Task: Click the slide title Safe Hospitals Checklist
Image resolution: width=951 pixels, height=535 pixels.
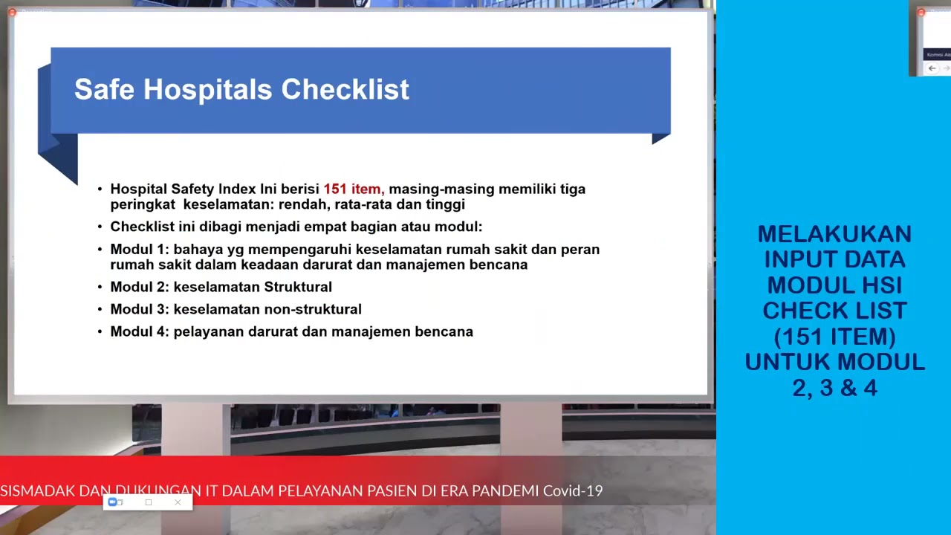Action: pyautogui.click(x=241, y=90)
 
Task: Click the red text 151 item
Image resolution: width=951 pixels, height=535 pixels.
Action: pyautogui.click(x=352, y=189)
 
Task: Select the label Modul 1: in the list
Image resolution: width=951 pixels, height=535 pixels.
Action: pyautogui.click(x=140, y=250)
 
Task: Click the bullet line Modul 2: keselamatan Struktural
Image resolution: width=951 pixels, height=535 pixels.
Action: pyautogui.click(x=221, y=287)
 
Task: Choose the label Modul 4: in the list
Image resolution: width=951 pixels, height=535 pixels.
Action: pyautogui.click(x=140, y=332)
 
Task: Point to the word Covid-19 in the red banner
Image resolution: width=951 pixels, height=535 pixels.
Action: pyautogui.click(x=573, y=491)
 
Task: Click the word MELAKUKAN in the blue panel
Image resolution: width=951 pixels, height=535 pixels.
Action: pyautogui.click(x=834, y=234)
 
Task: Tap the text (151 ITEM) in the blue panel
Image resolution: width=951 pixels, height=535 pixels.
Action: pyautogui.click(x=834, y=337)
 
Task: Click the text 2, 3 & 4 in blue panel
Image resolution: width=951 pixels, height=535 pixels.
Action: pyautogui.click(x=834, y=388)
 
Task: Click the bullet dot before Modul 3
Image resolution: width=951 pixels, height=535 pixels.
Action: pyautogui.click(x=100, y=310)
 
